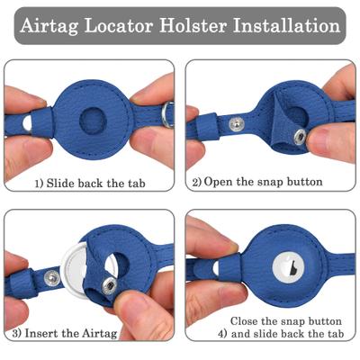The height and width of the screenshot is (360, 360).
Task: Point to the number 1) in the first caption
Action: (40, 183)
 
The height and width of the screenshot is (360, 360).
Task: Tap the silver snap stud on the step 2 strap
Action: (236, 123)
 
